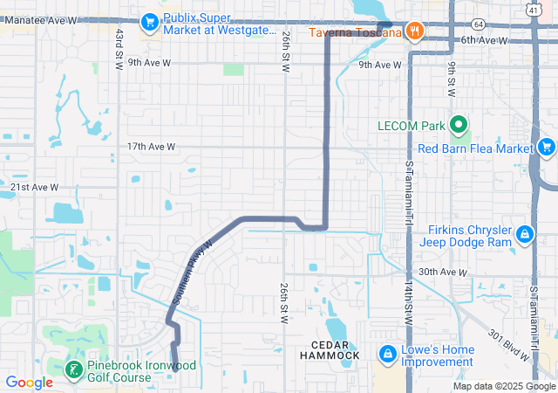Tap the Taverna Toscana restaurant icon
coord(415,31)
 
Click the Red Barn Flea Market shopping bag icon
coord(546,146)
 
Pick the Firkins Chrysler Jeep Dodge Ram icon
coord(525,233)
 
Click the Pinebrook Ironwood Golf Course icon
coord(74,370)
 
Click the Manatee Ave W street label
coord(40,19)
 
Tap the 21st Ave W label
coord(34,187)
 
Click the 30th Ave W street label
coord(442,272)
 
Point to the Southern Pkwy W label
coord(193,272)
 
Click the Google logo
coord(30,382)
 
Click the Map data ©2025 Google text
coord(503,386)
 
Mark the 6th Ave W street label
coord(485,40)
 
